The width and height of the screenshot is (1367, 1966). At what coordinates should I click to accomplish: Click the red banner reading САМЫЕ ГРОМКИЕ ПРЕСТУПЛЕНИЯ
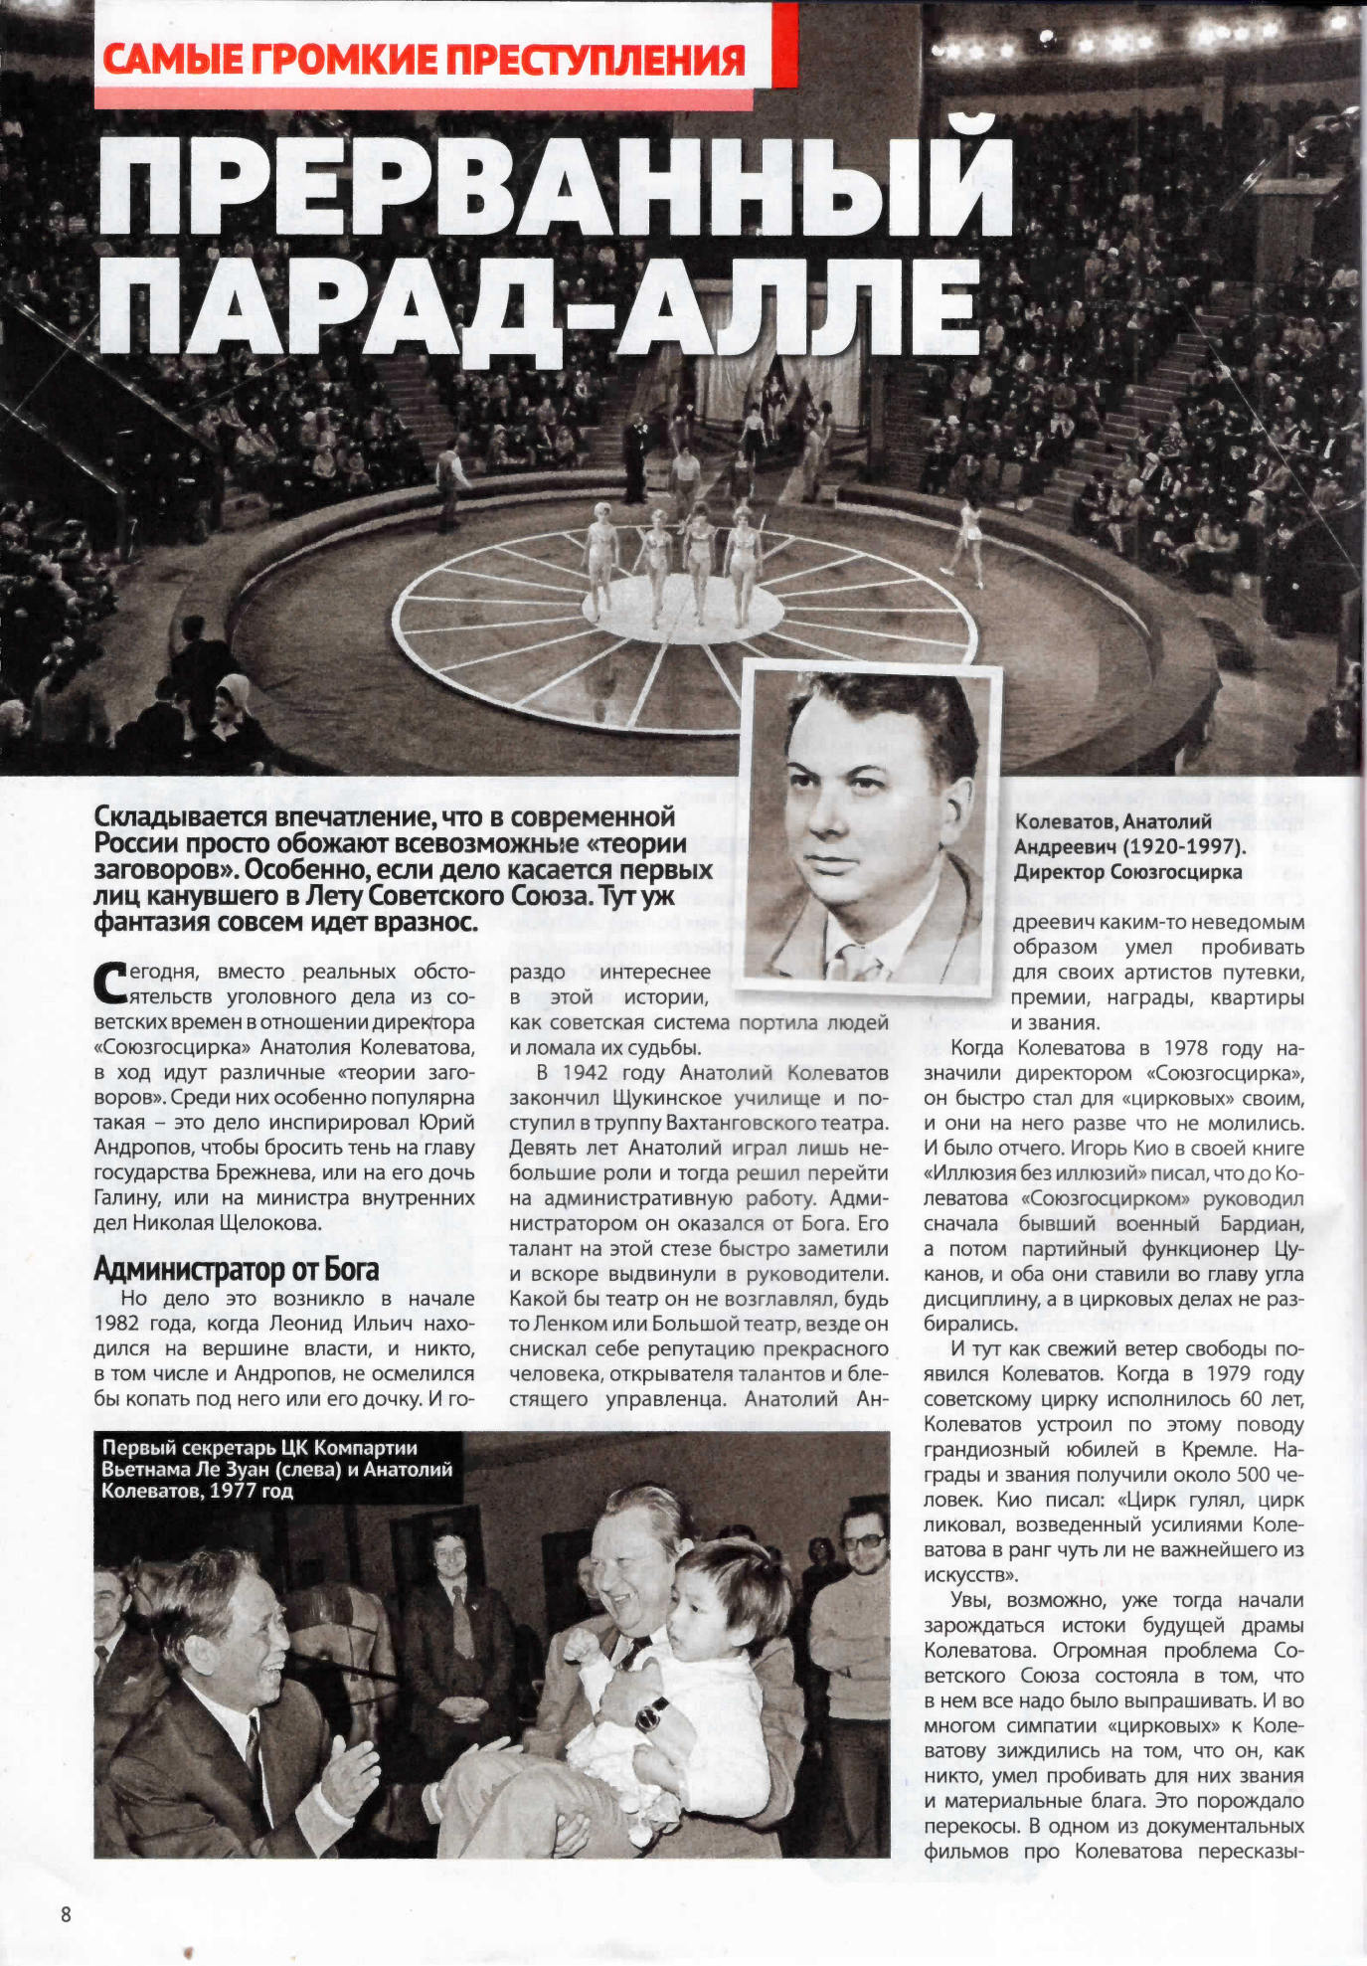click(x=425, y=60)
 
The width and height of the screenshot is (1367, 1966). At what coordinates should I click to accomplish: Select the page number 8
click(x=67, y=1914)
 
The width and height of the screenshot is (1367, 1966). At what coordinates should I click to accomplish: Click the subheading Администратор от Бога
click(x=237, y=1270)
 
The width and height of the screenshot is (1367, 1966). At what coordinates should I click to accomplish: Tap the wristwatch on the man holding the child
click(x=653, y=1712)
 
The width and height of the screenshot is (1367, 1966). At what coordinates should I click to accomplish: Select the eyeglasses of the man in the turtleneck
click(x=863, y=1540)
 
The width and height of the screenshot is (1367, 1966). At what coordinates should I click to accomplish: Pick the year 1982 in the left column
click(x=117, y=1324)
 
